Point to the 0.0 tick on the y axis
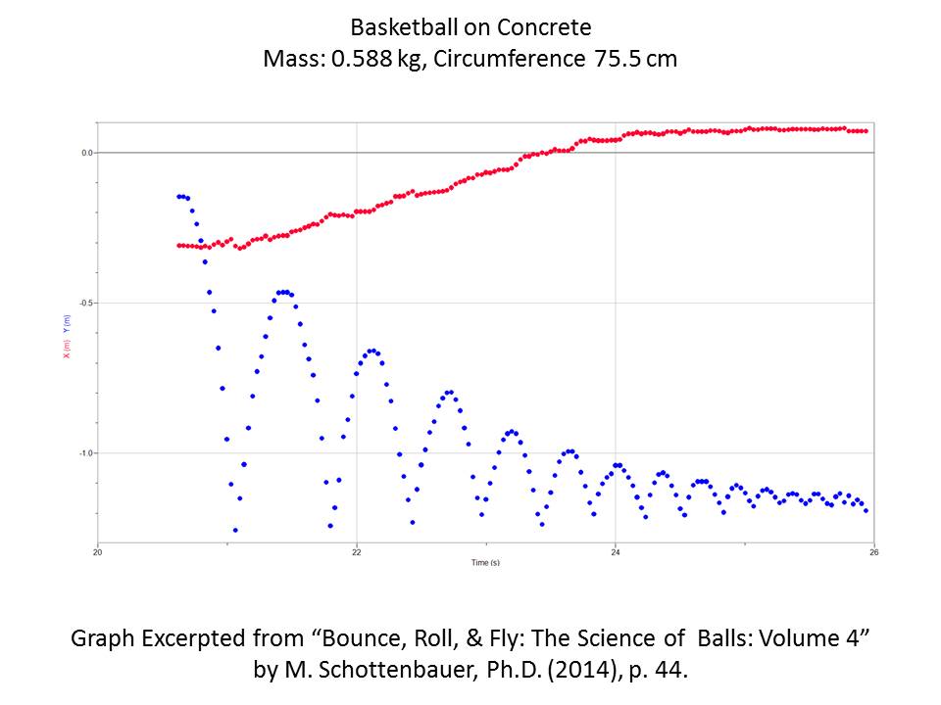[87, 153]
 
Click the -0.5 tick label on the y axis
[86, 303]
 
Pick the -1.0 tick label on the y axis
[86, 452]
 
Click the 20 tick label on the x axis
[98, 551]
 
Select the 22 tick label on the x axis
[357, 551]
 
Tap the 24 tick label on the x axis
[615, 551]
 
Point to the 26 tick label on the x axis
[873, 551]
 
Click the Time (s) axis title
[485, 563]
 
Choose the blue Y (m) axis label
[67, 324]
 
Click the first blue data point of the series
[178, 197]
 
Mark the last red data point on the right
[866, 130]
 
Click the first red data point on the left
[178, 246]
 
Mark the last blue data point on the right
[866, 510]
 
